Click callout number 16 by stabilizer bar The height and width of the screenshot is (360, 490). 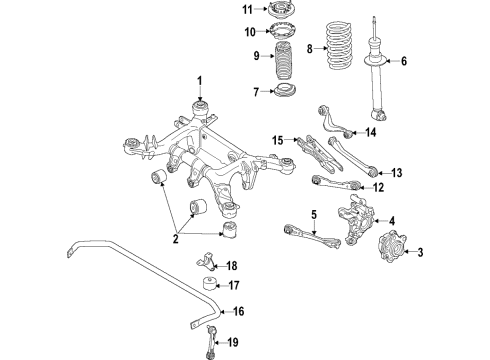(x=238, y=312)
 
